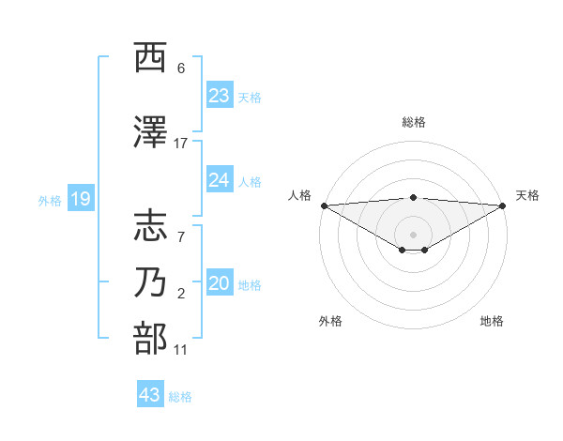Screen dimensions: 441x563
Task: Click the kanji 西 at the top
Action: [150, 59]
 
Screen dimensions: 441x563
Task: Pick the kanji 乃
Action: [150, 281]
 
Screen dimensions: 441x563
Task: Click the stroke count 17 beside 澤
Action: [181, 144]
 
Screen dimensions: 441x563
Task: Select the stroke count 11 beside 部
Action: [181, 350]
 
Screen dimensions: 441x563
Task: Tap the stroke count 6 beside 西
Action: [181, 68]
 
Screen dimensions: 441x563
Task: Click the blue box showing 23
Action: [220, 95]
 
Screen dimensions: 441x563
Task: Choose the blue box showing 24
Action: [220, 179]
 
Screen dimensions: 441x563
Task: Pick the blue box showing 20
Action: [220, 282]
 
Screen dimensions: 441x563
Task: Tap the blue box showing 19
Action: [80, 198]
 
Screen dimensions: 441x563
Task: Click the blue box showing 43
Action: [150, 395]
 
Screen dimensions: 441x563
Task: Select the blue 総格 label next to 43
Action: [180, 397]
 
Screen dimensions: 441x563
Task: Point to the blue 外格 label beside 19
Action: [49, 200]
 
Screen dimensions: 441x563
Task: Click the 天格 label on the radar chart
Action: [527, 195]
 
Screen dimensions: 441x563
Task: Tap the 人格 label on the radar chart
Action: [299, 195]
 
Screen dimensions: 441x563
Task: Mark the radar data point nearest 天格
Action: [502, 205]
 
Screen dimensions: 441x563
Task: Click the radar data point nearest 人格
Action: [324, 205]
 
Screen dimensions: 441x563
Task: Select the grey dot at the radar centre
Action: [413, 234]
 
